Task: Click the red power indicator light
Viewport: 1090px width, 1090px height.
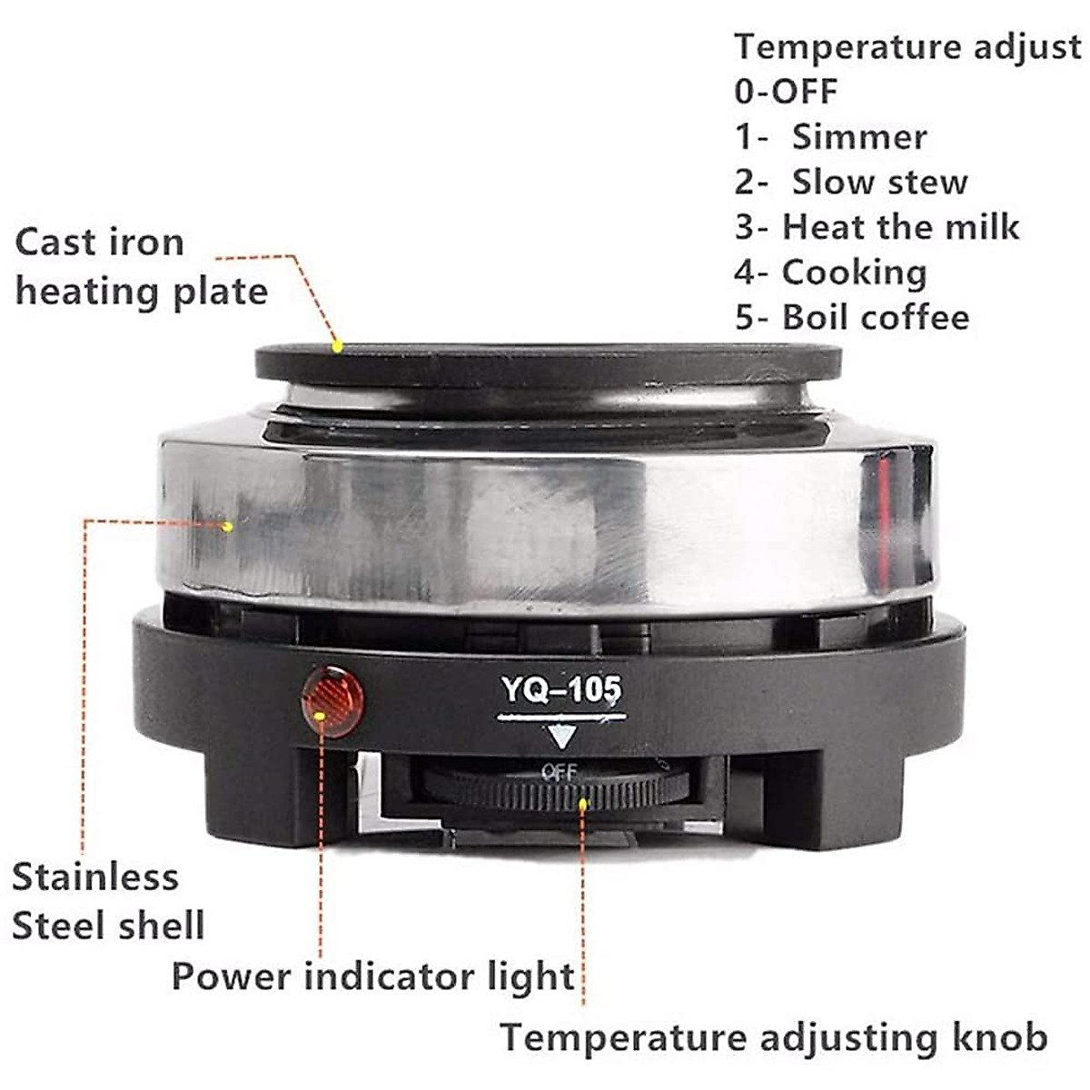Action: tap(332, 701)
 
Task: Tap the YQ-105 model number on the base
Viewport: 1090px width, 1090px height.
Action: tap(561, 690)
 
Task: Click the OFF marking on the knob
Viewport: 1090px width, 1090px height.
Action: tap(559, 773)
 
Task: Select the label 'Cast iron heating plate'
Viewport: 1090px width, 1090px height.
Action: tap(141, 267)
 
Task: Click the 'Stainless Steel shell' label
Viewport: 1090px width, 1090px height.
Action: tap(107, 901)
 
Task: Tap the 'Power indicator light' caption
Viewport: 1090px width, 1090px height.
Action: tap(372, 977)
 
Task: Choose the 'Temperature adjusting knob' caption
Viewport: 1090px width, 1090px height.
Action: tap(774, 1037)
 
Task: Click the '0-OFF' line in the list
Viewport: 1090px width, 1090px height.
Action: tap(786, 91)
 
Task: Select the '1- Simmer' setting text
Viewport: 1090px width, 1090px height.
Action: tap(830, 136)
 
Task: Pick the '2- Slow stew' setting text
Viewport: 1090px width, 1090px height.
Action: tap(851, 182)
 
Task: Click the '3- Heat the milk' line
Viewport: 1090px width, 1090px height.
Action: tap(877, 226)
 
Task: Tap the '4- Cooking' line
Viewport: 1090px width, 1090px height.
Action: tap(830, 272)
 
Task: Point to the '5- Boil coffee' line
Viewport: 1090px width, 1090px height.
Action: tap(852, 317)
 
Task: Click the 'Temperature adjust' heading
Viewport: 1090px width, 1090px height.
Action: tap(907, 46)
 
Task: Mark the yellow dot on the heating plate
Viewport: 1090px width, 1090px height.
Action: tap(337, 346)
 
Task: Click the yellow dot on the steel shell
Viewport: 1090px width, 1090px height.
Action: tap(227, 526)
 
